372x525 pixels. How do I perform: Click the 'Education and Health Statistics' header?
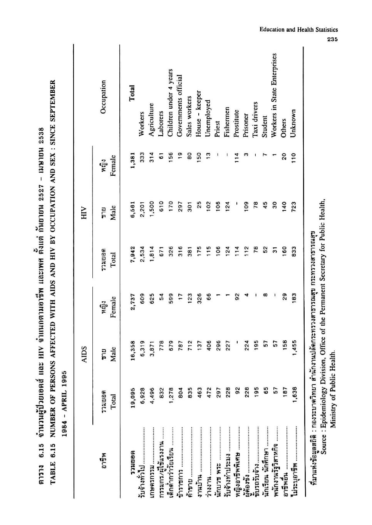[299, 30]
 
